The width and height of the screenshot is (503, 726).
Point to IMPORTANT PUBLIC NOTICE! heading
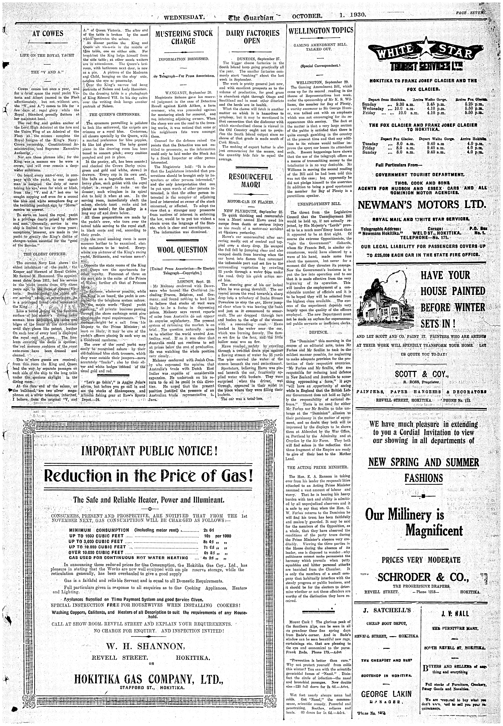149,451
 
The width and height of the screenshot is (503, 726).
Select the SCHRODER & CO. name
423,577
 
